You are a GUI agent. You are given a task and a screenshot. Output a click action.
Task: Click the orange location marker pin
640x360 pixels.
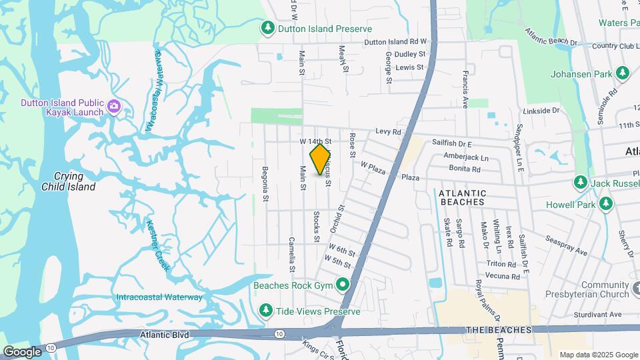(320, 159)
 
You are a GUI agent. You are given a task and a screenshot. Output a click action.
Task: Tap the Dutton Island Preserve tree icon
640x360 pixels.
(267, 28)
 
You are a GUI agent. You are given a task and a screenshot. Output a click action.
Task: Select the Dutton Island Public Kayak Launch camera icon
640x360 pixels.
(114, 105)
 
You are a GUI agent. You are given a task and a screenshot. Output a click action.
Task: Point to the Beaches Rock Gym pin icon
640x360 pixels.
(343, 285)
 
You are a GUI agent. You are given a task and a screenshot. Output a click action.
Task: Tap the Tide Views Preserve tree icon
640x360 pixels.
(266, 310)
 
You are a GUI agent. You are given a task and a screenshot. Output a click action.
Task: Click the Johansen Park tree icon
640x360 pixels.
(623, 72)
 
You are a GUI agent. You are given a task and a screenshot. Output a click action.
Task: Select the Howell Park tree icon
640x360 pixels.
(606, 204)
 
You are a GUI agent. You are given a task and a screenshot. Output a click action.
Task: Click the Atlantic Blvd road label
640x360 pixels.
(165, 335)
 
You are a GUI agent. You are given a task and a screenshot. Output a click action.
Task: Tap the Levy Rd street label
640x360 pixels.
(387, 133)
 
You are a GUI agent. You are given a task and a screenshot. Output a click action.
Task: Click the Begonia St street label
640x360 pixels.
(265, 183)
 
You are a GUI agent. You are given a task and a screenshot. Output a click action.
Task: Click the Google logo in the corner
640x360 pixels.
(22, 351)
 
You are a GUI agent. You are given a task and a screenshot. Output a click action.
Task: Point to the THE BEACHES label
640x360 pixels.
(499, 330)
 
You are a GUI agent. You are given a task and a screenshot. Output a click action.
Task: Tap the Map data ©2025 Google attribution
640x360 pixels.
(597, 355)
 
